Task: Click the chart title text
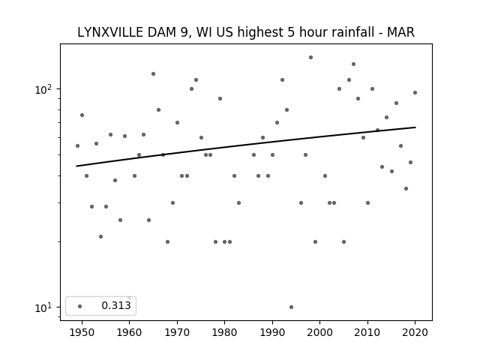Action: (245, 32)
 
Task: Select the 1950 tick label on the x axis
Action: (82, 333)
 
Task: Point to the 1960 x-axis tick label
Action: (129, 333)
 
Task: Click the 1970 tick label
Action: (177, 333)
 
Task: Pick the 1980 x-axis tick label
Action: (224, 333)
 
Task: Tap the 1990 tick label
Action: (272, 333)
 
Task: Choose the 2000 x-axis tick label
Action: (319, 333)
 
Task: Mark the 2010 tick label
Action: (367, 333)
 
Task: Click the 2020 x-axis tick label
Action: (415, 333)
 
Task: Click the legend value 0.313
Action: (115, 306)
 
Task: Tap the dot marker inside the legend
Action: (79, 306)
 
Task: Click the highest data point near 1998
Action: (310, 57)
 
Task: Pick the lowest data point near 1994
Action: (291, 307)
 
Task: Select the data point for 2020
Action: (415, 92)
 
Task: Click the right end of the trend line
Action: (415, 127)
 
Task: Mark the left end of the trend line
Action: (77, 166)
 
